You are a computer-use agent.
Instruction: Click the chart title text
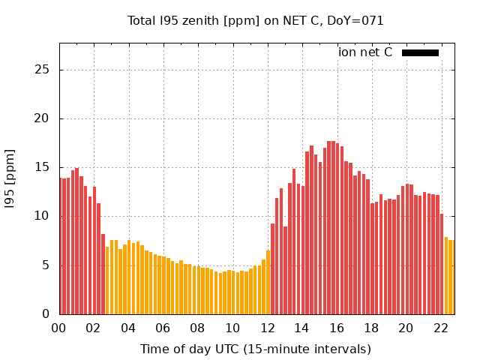[x=256, y=21]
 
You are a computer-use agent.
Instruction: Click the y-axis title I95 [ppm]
[x=10, y=178]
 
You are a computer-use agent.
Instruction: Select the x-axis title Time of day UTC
[x=256, y=349]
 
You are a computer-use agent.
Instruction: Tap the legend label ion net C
[x=365, y=52]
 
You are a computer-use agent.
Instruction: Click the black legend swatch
[x=420, y=52]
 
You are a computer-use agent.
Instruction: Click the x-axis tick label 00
[x=58, y=328]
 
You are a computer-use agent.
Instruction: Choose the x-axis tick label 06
[x=163, y=328]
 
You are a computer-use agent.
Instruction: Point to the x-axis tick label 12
[x=267, y=328]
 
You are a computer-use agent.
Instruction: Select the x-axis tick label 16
[x=337, y=328]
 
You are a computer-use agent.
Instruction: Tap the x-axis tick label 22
[x=441, y=328]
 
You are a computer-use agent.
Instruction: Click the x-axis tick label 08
[x=197, y=328]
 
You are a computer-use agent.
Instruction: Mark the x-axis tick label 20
[x=406, y=328]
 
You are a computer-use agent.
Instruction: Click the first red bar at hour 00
[x=61, y=247]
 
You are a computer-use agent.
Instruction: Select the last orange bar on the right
[x=451, y=277]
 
